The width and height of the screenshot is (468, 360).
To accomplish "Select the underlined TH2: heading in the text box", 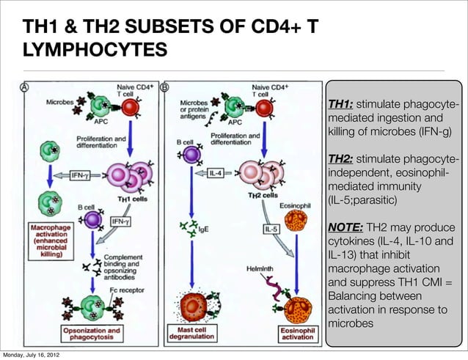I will (341, 158).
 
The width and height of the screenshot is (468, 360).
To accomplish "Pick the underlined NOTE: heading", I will (345, 227).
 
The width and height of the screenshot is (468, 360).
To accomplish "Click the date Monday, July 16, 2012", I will (31, 355).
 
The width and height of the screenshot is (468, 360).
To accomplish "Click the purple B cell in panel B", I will (192, 155).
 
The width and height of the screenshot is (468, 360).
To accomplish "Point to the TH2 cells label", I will (262, 195).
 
